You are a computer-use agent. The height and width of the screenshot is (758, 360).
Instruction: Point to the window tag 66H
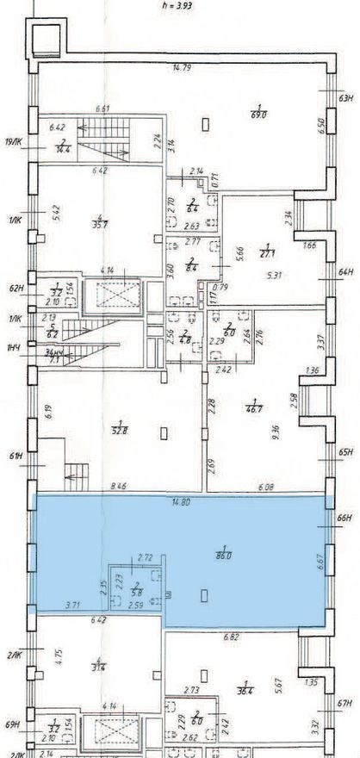pos(347,519)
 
